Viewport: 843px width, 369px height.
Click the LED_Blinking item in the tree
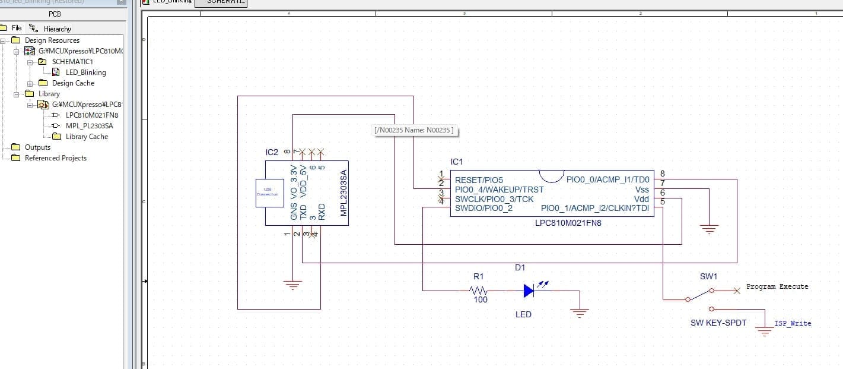coord(85,72)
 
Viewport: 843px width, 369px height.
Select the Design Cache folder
coord(72,83)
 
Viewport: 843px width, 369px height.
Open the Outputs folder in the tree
coord(37,147)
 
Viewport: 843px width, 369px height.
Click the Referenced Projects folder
coord(55,158)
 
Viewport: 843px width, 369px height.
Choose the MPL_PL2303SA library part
coord(89,126)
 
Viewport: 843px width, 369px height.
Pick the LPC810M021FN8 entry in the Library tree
coord(91,115)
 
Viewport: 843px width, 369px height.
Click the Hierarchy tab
coord(57,29)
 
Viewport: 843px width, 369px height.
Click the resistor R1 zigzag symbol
coord(478,291)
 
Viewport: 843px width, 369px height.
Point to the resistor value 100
coord(481,300)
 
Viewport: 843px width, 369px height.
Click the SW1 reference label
coord(708,276)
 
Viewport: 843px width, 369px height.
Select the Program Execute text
coord(777,286)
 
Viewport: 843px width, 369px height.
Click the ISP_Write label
coord(793,323)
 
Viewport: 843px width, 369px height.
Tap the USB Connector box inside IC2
coord(269,193)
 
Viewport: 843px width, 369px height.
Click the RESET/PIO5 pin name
coord(478,180)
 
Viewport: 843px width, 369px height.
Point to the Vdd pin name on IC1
coord(641,199)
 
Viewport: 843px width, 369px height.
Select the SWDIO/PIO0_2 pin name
coord(483,209)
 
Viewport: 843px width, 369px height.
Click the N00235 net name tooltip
coord(415,130)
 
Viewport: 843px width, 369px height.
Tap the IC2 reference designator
coord(272,153)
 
